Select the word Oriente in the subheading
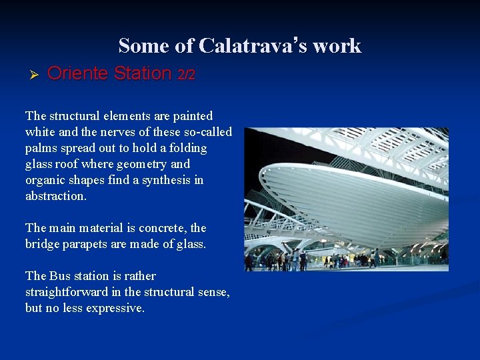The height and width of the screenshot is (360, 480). click(x=78, y=73)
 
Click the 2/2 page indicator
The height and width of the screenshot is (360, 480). click(x=186, y=75)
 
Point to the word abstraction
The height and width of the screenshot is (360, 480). click(x=56, y=196)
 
